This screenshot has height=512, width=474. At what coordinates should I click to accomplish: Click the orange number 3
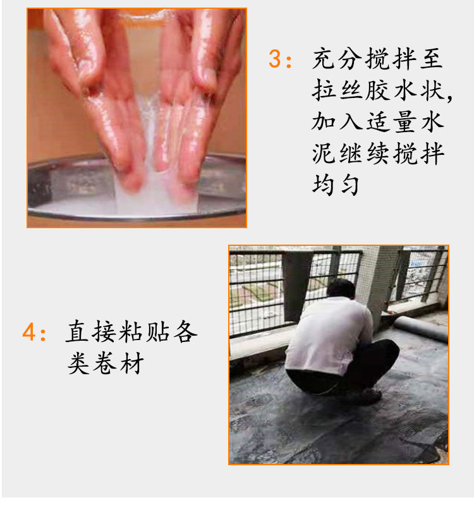(x=274, y=59)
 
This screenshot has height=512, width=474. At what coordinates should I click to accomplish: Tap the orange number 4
(x=28, y=331)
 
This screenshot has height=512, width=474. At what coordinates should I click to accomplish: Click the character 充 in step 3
(x=324, y=58)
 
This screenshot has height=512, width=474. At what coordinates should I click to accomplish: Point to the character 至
(x=432, y=58)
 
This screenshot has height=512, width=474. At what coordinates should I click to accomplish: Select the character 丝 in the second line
(x=351, y=90)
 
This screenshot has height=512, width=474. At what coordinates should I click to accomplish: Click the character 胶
(x=378, y=90)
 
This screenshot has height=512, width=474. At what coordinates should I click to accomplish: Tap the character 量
(x=404, y=121)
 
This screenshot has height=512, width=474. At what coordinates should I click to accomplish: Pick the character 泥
(x=324, y=153)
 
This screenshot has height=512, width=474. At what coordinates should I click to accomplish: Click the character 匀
(x=350, y=185)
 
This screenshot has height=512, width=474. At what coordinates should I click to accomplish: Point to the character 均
(x=324, y=185)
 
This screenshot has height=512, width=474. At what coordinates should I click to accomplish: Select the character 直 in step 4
(x=77, y=331)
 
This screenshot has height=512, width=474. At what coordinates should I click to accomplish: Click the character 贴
(x=158, y=331)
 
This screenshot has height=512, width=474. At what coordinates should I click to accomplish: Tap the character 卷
(x=105, y=363)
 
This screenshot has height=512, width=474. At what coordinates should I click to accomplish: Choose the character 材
(x=132, y=363)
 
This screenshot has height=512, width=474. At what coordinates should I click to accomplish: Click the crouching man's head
(x=341, y=289)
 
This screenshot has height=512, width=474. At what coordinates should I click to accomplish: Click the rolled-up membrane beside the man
(x=420, y=328)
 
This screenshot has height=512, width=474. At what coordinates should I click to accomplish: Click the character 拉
(x=324, y=90)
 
